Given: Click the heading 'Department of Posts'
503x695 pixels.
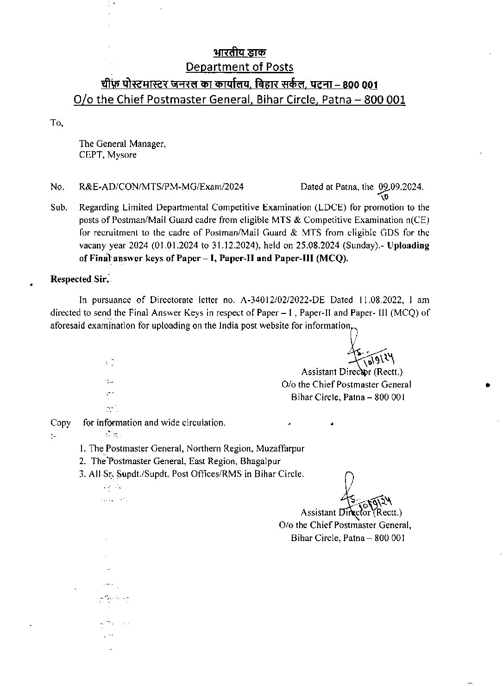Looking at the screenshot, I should (x=239, y=67).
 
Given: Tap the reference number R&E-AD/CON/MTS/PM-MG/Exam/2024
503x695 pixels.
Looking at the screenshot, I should (x=162, y=187).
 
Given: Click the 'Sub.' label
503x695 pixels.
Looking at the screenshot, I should (x=58, y=207).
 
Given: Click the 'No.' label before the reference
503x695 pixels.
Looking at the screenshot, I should (x=57, y=187).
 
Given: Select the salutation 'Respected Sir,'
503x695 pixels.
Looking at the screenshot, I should (x=79, y=279).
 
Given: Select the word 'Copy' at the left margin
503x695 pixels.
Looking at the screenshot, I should (x=60, y=423).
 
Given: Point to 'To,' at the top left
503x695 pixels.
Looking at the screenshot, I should (x=57, y=123).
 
